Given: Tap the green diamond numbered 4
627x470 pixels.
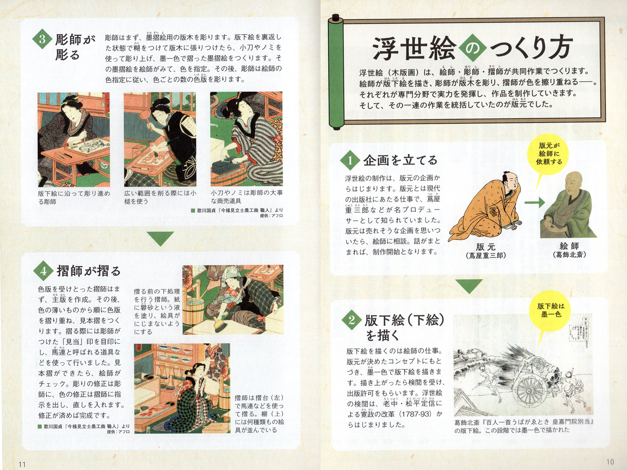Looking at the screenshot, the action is point(44,270).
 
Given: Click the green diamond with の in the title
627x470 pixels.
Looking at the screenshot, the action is point(472,48).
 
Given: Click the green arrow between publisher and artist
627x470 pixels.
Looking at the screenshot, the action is point(534,202).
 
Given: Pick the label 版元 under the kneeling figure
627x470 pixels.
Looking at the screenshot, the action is point(485,247).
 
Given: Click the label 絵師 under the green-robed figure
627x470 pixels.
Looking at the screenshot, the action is point(569,246).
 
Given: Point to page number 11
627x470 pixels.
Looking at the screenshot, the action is point(22,464).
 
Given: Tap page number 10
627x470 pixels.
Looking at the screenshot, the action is point(610,462).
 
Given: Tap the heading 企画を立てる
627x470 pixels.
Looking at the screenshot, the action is point(400,160).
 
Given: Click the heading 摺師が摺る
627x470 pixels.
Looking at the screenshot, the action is point(89,270).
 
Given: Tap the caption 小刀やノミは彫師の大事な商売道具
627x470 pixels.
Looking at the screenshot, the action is point(246,197).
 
